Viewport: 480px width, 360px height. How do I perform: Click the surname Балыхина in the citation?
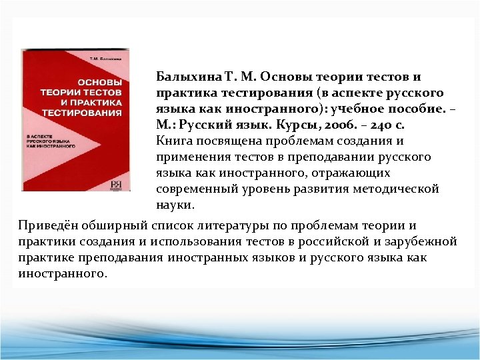182,77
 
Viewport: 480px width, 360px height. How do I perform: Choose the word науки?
174,205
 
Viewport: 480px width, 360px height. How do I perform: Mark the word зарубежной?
421,241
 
